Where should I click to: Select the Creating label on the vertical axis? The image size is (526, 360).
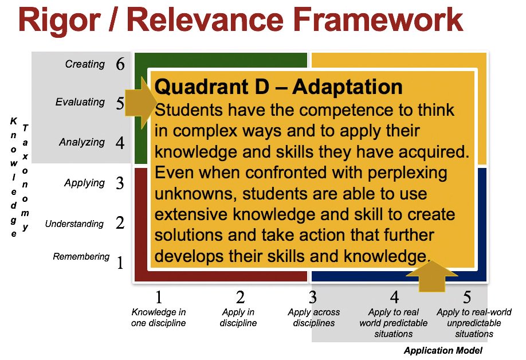pyautogui.click(x=85, y=64)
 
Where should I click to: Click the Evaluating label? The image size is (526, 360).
pyautogui.click(x=80, y=102)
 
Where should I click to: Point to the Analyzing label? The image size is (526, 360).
pyautogui.click(x=82, y=142)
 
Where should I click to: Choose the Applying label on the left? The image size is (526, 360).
pyautogui.click(x=84, y=183)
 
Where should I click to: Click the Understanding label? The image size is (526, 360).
pyautogui.click(x=74, y=224)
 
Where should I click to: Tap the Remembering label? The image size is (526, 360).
pyautogui.click(x=81, y=256)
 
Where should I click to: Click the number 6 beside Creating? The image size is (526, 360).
pyautogui.click(x=120, y=64)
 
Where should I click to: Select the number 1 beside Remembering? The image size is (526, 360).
pyautogui.click(x=120, y=263)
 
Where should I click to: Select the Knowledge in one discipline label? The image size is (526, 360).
pyautogui.click(x=159, y=318)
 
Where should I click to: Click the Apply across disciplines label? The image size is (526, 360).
pyautogui.click(x=313, y=318)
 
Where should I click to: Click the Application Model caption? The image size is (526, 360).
pyautogui.click(x=443, y=350)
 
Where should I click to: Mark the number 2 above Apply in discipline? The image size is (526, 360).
pyautogui.click(x=240, y=298)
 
